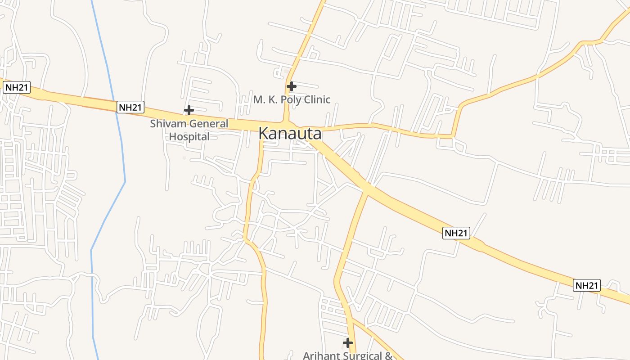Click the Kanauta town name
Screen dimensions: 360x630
coord(290,134)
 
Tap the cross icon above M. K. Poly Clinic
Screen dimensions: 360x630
coord(292,86)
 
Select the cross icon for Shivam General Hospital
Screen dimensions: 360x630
coord(189,110)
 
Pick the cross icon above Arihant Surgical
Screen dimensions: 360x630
coord(347,343)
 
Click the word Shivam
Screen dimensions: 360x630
coord(168,124)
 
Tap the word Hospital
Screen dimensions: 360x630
coord(189,136)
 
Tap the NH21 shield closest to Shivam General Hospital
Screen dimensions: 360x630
coord(130,107)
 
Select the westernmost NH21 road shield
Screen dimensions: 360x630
coord(17,87)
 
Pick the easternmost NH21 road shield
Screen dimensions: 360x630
coord(587,285)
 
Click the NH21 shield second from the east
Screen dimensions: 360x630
coord(456,233)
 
